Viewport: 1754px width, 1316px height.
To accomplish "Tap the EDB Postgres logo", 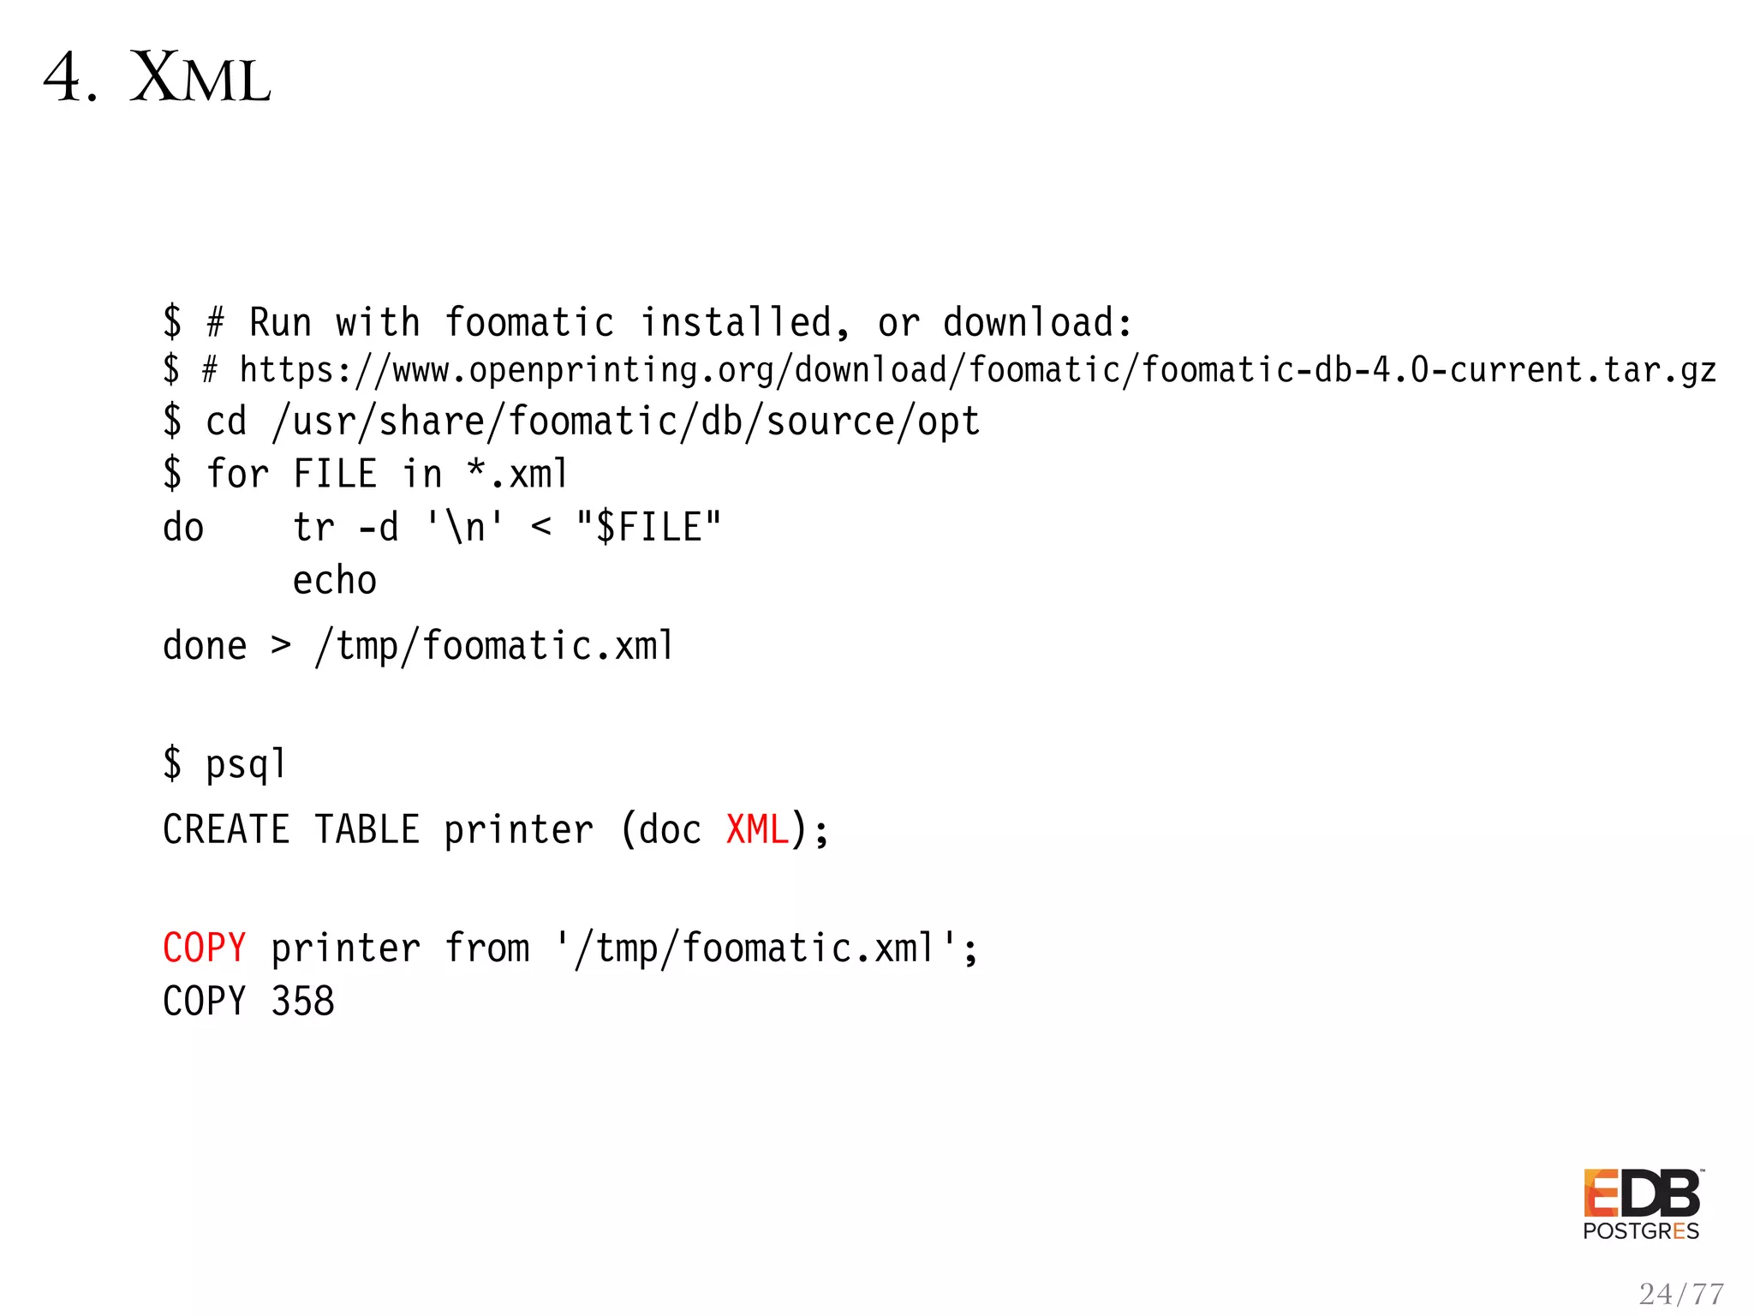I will point(1642,1204).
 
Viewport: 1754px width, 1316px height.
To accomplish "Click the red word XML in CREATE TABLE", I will point(757,829).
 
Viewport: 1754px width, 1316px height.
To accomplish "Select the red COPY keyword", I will point(205,948).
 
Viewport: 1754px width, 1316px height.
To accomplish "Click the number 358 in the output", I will point(302,1001).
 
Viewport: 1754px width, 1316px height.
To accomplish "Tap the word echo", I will point(335,581).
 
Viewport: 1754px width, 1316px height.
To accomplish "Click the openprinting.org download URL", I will point(977,370).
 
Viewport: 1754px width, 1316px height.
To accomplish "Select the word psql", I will point(246,763).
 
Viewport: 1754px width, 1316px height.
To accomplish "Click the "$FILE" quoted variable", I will point(648,527).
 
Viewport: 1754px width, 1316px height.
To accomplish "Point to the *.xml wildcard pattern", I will point(517,474).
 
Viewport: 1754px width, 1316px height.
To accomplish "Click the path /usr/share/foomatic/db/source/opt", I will point(625,422).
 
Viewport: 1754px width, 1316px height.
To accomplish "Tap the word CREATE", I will point(226,829).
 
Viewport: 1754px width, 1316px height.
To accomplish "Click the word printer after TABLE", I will point(518,829).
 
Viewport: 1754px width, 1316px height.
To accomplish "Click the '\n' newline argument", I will point(465,527).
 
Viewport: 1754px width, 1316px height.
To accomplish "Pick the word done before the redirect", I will point(205,645).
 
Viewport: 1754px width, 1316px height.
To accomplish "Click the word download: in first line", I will point(1037,323).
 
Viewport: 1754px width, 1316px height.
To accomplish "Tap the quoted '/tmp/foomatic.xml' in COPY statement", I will point(758,948).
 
